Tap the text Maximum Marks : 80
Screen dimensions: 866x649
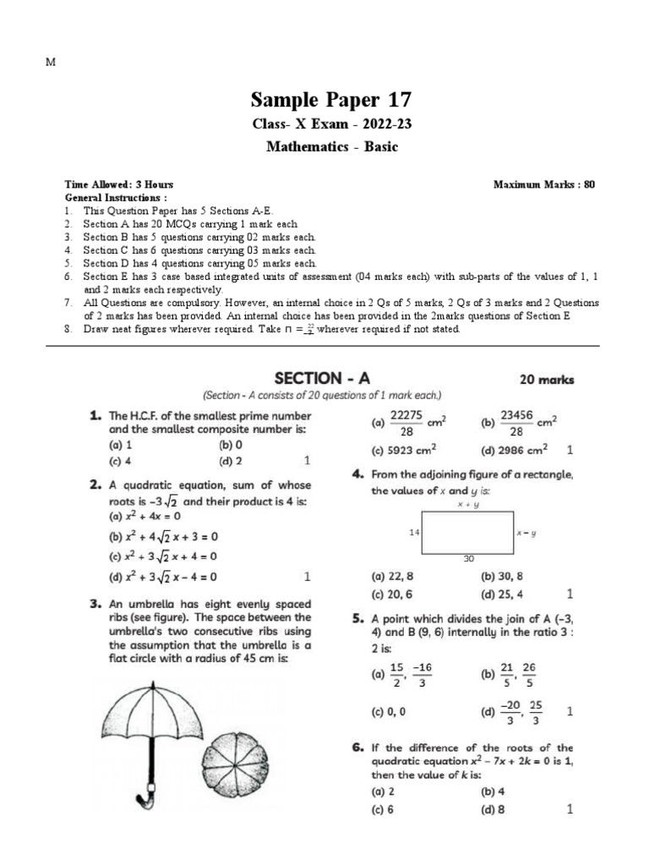point(544,184)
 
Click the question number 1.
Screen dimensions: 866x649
point(95,416)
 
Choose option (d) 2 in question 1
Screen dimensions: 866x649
point(231,461)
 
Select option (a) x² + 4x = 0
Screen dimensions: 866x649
point(143,515)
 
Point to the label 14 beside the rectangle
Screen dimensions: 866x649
point(413,533)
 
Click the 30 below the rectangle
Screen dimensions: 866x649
point(469,559)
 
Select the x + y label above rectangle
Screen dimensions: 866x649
point(468,504)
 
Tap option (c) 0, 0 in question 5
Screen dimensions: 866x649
point(389,711)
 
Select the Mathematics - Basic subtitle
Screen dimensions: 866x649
point(331,146)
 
